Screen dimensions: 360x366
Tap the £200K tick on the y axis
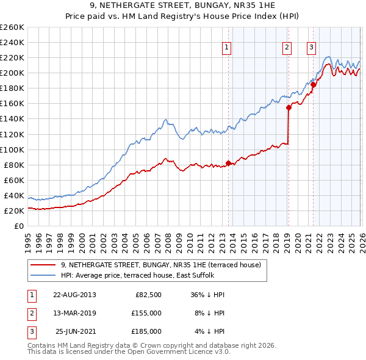click(x=12, y=73)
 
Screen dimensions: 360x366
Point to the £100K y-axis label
click(x=12, y=149)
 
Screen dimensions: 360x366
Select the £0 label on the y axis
click(x=19, y=226)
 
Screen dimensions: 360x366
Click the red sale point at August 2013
click(x=229, y=163)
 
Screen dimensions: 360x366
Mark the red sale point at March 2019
click(x=289, y=107)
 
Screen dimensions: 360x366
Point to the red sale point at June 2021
click(x=313, y=85)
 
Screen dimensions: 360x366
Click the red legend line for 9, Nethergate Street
click(x=44, y=265)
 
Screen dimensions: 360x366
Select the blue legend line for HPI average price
click(x=44, y=275)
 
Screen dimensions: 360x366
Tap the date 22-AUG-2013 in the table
click(x=74, y=295)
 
